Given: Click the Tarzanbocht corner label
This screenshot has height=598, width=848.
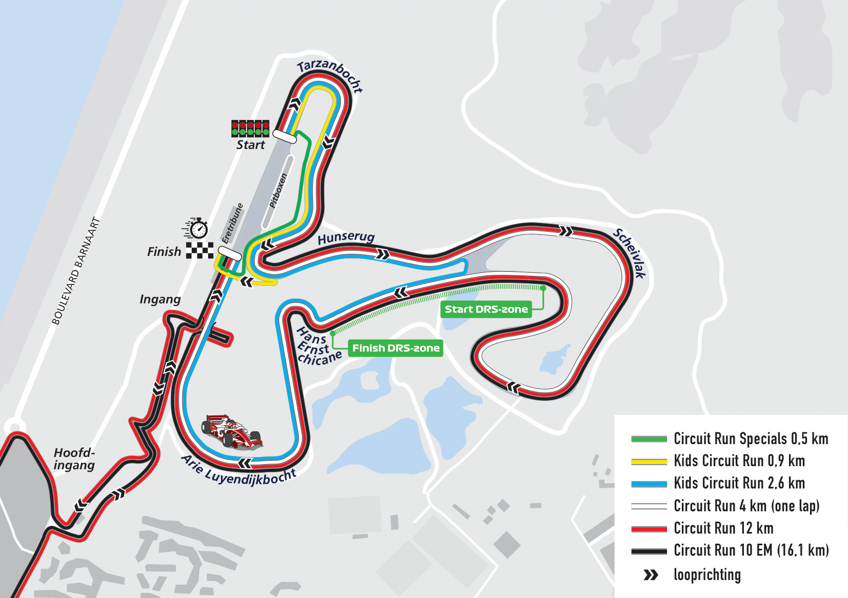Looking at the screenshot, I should click(330, 75).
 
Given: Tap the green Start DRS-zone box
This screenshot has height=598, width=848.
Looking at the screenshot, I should click(486, 309).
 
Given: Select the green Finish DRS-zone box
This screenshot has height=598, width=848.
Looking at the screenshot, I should click(395, 348).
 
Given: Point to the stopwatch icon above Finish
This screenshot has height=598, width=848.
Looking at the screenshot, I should click(197, 228).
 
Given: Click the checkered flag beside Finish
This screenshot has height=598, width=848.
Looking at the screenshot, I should click(199, 250).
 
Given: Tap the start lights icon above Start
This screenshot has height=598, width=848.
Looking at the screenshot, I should click(250, 128).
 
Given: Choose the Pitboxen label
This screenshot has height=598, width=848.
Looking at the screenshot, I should click(278, 190).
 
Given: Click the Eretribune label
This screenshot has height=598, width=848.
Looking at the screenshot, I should click(232, 223).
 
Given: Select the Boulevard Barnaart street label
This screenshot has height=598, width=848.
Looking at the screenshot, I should click(76, 272).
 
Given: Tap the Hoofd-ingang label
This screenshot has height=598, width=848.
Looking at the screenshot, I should click(74, 459).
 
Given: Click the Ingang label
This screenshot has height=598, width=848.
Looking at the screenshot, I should click(160, 300).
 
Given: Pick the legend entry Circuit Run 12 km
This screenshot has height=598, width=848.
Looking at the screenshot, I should click(723, 528).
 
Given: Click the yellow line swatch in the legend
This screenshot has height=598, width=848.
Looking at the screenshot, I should click(649, 462).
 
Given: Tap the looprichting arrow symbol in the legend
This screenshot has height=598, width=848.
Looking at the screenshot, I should click(651, 575).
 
